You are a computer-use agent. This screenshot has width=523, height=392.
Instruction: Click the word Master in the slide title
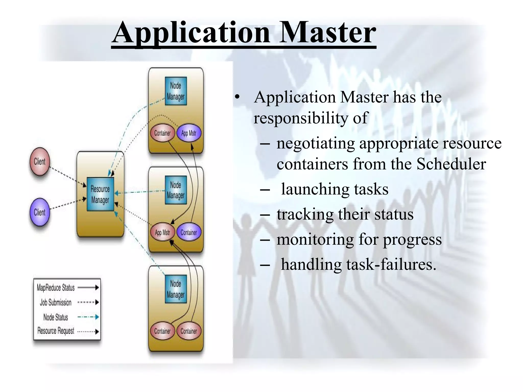point(327,33)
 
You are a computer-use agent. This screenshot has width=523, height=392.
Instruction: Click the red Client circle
point(40,162)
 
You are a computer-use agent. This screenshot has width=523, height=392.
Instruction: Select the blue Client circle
point(40,212)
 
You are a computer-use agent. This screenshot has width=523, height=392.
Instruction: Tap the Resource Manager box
point(100,194)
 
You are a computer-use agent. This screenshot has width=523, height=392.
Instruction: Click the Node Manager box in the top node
point(176,91)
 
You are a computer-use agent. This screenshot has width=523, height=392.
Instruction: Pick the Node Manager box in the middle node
point(176,190)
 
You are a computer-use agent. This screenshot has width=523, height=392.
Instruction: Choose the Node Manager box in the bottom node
point(176,289)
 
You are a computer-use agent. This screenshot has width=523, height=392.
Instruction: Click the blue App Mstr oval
point(189,133)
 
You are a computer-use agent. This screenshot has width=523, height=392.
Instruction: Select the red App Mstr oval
point(162,232)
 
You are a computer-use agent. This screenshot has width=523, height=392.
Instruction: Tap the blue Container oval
point(189,232)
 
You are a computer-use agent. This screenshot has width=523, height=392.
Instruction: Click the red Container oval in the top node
point(162,133)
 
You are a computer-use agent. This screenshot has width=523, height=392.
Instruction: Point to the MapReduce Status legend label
point(56,288)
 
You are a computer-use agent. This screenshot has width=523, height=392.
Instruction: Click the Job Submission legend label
point(56,302)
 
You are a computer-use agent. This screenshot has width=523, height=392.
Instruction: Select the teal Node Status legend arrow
point(88,317)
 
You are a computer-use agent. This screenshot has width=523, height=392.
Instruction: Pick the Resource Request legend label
point(56,331)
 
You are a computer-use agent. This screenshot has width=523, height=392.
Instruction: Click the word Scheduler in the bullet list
point(451,164)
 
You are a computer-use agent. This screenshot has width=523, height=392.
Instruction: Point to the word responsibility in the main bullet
point(301,118)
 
